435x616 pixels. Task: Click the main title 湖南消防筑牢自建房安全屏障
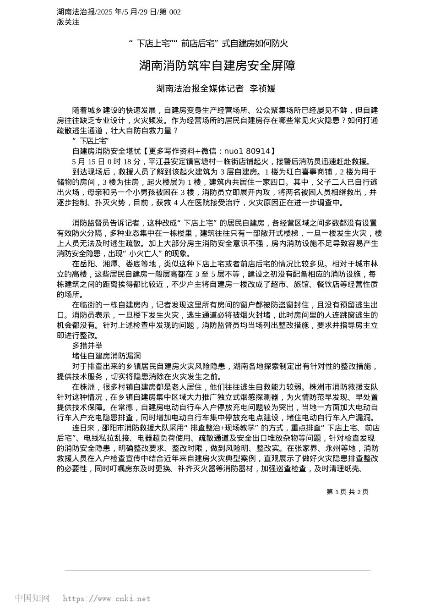click(217, 66)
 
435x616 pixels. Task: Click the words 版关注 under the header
click(68, 22)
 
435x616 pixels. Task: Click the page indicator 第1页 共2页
click(348, 492)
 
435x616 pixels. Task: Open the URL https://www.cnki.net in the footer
click(106, 599)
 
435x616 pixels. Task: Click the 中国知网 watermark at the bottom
click(32, 598)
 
